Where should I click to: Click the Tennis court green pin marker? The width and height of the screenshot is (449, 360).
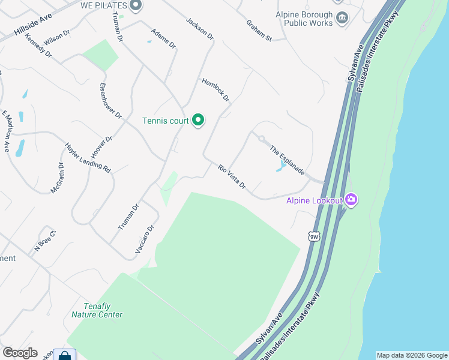pyautogui.click(x=198, y=121)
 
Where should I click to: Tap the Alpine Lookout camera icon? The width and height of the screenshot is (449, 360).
pyautogui.click(x=351, y=200)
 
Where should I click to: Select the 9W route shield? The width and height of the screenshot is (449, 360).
pyautogui.click(x=314, y=236)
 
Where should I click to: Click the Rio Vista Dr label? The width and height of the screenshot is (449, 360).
pyautogui.click(x=232, y=177)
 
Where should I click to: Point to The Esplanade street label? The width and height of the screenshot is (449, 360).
pyautogui.click(x=287, y=160)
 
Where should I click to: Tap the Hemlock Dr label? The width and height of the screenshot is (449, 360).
pyautogui.click(x=215, y=89)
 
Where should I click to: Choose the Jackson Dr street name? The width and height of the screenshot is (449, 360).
pyautogui.click(x=200, y=28)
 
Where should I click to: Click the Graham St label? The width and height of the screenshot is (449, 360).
pyautogui.click(x=259, y=31)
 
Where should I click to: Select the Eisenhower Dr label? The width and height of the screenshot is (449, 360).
pyautogui.click(x=110, y=100)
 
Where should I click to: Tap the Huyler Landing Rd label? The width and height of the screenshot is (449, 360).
pyautogui.click(x=88, y=158)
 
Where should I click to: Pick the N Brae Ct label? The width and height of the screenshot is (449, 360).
pyautogui.click(x=45, y=240)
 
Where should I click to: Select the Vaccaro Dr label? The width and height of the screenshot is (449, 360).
pyautogui.click(x=145, y=239)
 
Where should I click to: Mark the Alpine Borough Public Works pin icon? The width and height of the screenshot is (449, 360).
pyautogui.click(x=342, y=18)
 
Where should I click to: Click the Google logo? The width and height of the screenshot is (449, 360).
pyautogui.click(x=20, y=353)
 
